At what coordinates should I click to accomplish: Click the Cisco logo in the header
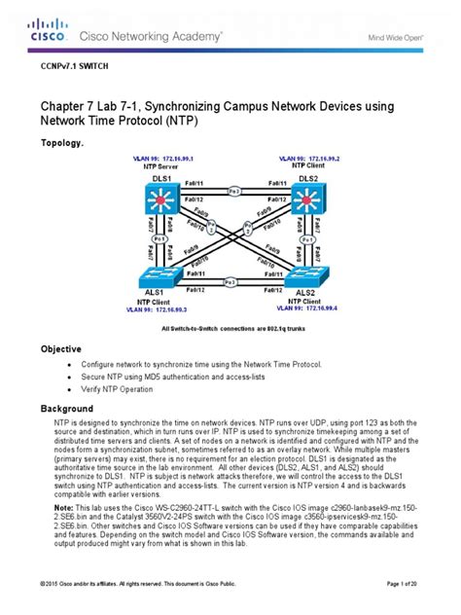pos(46,30)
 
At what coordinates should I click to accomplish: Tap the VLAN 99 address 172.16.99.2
pos(312,157)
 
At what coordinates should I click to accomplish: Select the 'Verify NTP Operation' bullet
pos(127,389)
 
